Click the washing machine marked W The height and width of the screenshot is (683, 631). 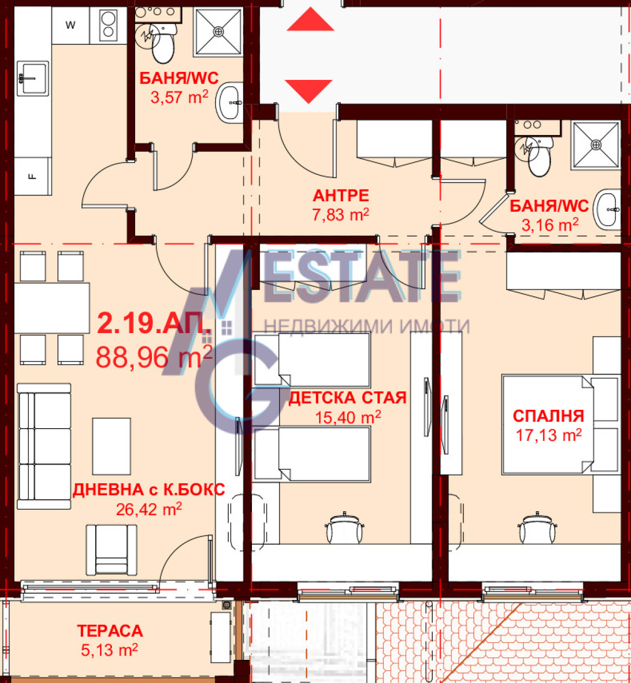click(70, 25)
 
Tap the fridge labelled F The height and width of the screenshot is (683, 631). click(33, 177)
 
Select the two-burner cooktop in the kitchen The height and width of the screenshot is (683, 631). click(108, 25)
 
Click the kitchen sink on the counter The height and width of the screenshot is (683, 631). click(33, 79)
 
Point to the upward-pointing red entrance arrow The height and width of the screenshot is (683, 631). click(311, 19)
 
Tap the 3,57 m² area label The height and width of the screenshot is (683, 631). click(179, 97)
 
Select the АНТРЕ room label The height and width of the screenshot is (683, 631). click(341, 195)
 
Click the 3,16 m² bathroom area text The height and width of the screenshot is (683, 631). click(549, 225)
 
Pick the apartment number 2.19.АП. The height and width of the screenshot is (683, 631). click(154, 324)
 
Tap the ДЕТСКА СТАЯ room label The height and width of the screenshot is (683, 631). click(348, 398)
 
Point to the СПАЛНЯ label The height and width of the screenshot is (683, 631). click(548, 416)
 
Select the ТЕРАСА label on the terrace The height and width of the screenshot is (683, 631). click(110, 631)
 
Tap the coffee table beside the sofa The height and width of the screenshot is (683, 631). click(111, 447)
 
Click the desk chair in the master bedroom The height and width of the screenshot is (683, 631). click(536, 528)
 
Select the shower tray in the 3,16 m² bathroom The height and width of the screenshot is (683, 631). click(596, 145)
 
